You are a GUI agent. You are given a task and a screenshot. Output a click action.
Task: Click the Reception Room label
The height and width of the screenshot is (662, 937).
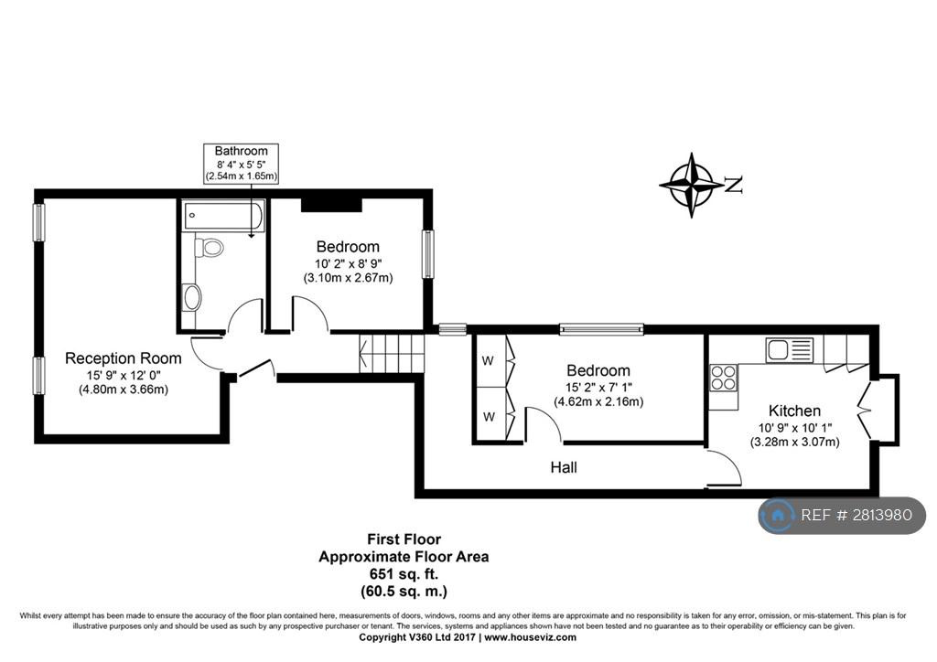[124, 358]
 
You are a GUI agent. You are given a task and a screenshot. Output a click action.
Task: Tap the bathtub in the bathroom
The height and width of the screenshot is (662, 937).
[223, 216]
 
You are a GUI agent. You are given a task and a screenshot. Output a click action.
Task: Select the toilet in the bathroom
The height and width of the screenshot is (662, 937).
[209, 247]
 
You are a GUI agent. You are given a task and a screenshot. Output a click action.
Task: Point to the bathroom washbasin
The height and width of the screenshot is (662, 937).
[192, 297]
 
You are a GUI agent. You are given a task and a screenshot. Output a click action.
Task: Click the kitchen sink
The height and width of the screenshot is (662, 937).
[790, 350]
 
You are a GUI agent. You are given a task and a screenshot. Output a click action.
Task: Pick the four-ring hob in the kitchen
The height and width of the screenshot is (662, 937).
[723, 378]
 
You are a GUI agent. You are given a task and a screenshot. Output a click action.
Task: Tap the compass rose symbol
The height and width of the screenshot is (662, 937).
[692, 185]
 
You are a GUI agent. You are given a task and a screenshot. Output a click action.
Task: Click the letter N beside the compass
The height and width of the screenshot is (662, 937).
[735, 185]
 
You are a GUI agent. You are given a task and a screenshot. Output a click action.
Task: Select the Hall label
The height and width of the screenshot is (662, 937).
[564, 467]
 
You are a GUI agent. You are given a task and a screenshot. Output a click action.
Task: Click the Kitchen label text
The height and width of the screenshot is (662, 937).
[794, 411]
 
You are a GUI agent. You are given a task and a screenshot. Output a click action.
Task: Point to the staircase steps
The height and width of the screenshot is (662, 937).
[392, 353]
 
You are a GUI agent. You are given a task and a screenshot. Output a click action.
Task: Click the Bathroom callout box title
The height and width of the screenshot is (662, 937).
[241, 151]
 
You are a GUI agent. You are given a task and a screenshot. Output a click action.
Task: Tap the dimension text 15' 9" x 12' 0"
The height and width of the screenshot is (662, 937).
[124, 376]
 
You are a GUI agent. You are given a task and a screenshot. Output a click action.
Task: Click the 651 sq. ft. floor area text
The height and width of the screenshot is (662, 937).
[404, 574]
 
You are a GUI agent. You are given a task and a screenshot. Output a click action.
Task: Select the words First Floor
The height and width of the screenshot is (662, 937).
[404, 539]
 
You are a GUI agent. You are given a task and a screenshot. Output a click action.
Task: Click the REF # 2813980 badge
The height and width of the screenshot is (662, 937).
[842, 515]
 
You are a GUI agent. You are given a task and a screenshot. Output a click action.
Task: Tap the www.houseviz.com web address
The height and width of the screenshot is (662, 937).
[530, 637]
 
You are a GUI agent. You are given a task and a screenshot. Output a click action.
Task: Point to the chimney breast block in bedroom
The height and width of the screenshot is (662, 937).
[331, 205]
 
